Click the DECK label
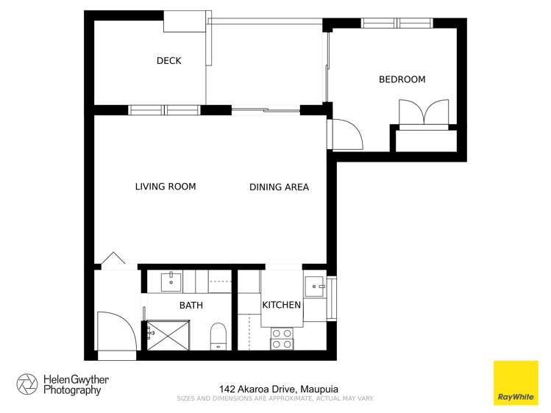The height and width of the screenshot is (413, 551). pos(168,61)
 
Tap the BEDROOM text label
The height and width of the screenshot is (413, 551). pos(402,79)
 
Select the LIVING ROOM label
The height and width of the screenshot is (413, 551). pos(166,187)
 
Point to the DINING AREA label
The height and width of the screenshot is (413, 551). pos(279,187)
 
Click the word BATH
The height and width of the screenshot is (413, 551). pos(191,305)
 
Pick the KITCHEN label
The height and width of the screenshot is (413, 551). pos(282,305)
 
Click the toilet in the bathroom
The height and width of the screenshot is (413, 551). pos(218,335)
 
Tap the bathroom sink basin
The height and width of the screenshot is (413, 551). pos(171,281)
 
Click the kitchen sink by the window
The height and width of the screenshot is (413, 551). pos(315,284)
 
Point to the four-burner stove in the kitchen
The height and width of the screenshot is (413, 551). pos(281,338)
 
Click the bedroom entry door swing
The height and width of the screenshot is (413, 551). pos(345,134)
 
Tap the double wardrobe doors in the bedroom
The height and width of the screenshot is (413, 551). pos(422,113)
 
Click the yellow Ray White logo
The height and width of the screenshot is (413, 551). pos(515,383)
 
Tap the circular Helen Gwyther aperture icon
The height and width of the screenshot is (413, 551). pos(27,384)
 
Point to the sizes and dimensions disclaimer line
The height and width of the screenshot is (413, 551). pos(275,398)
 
